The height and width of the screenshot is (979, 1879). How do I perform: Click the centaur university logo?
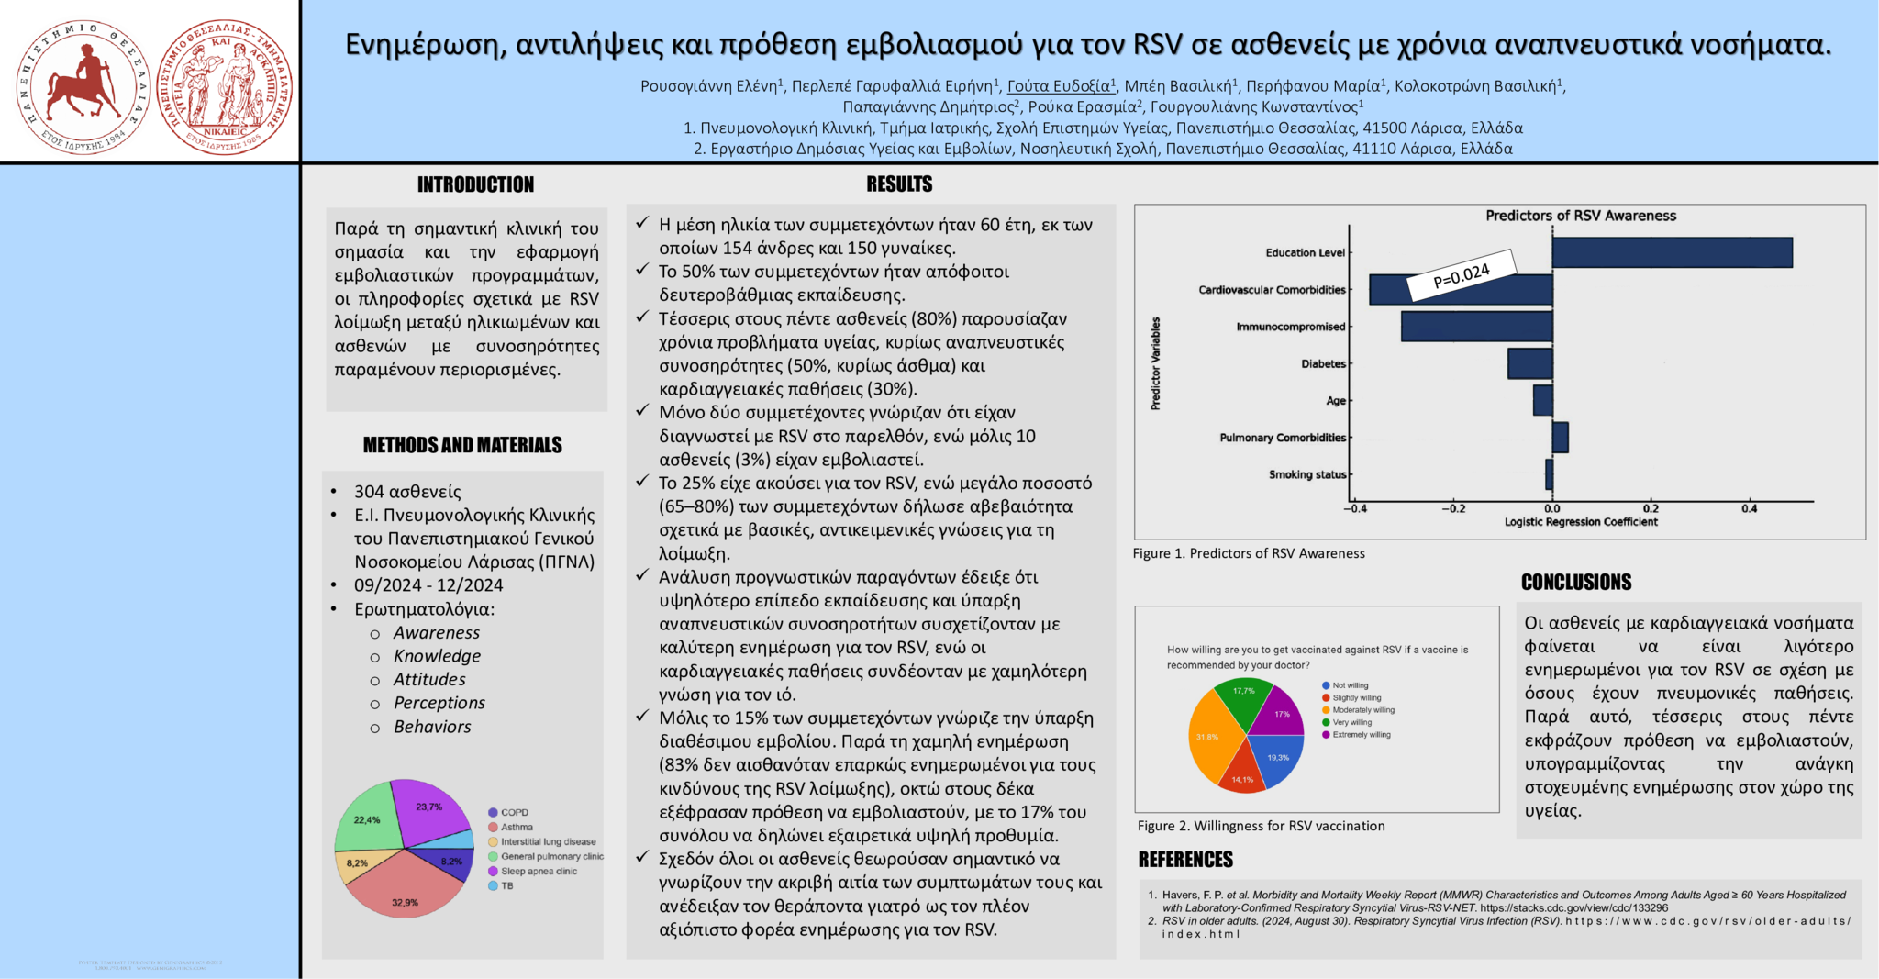click(x=83, y=87)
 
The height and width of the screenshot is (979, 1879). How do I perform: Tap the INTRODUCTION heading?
click(x=475, y=185)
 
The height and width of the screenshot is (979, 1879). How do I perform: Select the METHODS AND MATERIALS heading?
click(x=462, y=446)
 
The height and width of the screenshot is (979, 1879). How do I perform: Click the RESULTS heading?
click(x=899, y=185)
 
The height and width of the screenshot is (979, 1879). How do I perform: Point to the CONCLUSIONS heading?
click(x=1576, y=583)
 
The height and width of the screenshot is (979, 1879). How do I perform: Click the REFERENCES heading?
click(x=1185, y=860)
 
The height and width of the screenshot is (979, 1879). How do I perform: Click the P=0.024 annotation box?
click(x=1462, y=275)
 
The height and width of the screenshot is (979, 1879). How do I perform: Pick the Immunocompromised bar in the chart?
click(x=1476, y=327)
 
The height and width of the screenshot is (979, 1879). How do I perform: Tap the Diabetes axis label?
click(x=1323, y=364)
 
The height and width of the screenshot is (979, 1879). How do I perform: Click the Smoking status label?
click(x=1307, y=474)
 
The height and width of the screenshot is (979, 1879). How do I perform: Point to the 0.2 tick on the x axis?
click(x=1651, y=508)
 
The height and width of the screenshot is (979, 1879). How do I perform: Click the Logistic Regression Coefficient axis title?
click(x=1581, y=522)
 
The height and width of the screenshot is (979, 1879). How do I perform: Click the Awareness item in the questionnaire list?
click(x=436, y=633)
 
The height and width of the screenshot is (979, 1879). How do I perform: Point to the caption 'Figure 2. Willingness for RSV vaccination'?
click(x=1261, y=826)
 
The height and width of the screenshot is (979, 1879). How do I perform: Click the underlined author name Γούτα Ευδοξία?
click(x=1061, y=86)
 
